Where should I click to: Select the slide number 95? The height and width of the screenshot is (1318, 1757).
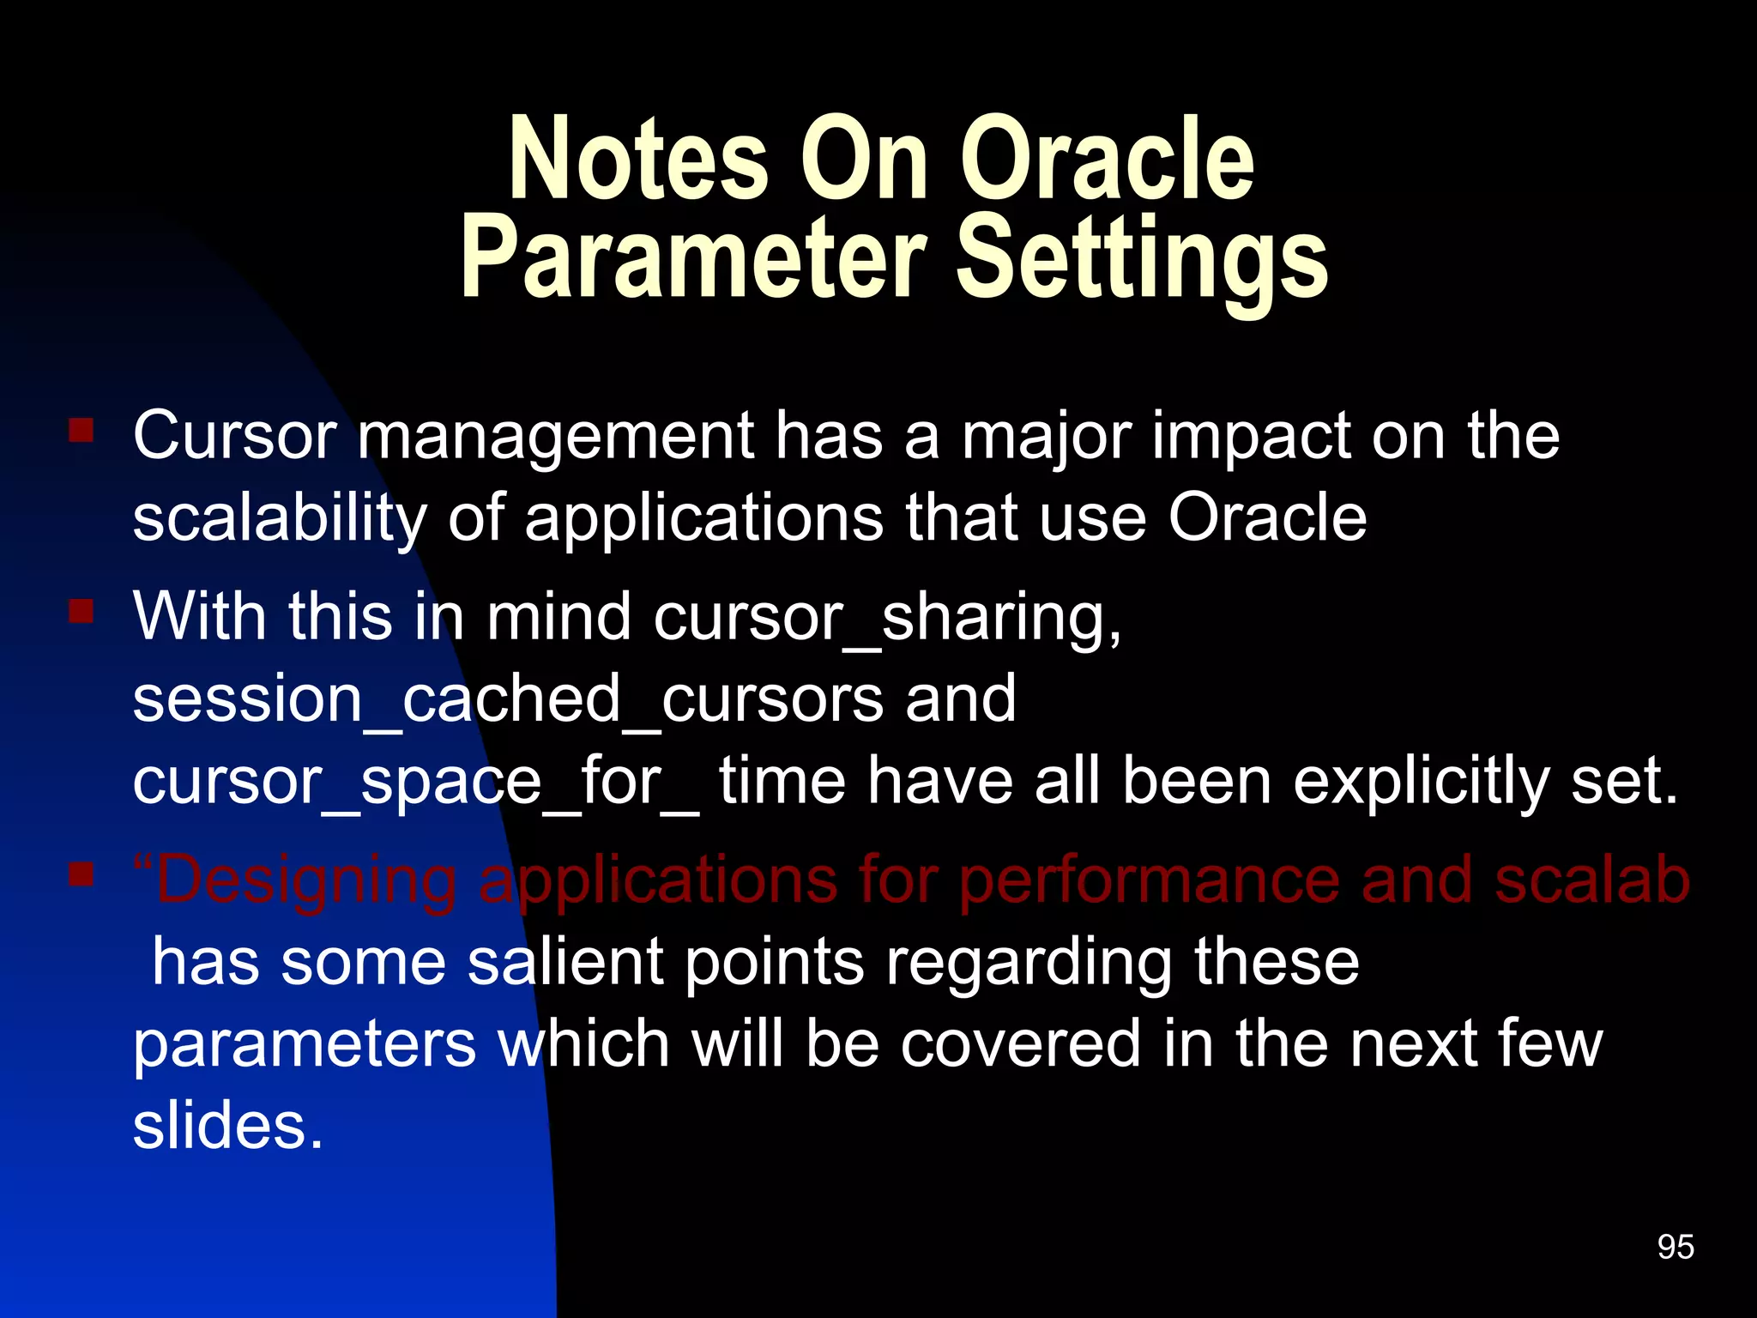click(x=1675, y=1247)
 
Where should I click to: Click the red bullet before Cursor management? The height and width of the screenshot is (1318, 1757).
click(x=82, y=430)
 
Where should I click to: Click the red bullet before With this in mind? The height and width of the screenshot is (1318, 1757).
click(x=82, y=612)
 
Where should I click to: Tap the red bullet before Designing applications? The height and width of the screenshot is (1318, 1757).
click(x=82, y=874)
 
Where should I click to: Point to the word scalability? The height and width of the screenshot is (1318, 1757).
click(x=280, y=518)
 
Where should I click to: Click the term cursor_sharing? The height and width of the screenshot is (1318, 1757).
click(x=887, y=618)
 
